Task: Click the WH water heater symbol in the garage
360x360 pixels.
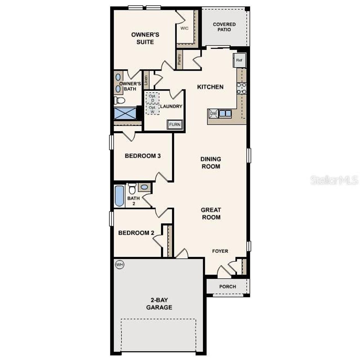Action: click(120, 265)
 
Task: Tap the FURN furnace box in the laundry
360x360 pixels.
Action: click(175, 125)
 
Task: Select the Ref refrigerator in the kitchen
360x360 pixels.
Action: click(239, 60)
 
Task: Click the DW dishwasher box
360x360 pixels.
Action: click(213, 113)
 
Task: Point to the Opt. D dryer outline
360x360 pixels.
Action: click(153, 98)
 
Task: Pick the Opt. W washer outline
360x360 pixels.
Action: click(153, 109)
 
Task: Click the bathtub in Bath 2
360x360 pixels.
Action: click(120, 196)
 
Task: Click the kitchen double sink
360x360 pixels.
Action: click(225, 113)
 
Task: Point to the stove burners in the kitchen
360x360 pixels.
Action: click(241, 88)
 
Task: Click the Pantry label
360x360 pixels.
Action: click(179, 59)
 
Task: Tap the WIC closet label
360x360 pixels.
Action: click(184, 28)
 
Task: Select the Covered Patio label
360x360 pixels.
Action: click(224, 27)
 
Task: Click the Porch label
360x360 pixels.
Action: click(228, 287)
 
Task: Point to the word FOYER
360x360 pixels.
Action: click(220, 251)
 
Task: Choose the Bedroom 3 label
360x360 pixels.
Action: click(143, 156)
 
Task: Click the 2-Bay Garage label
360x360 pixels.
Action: click(159, 304)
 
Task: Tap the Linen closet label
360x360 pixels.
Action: click(146, 80)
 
